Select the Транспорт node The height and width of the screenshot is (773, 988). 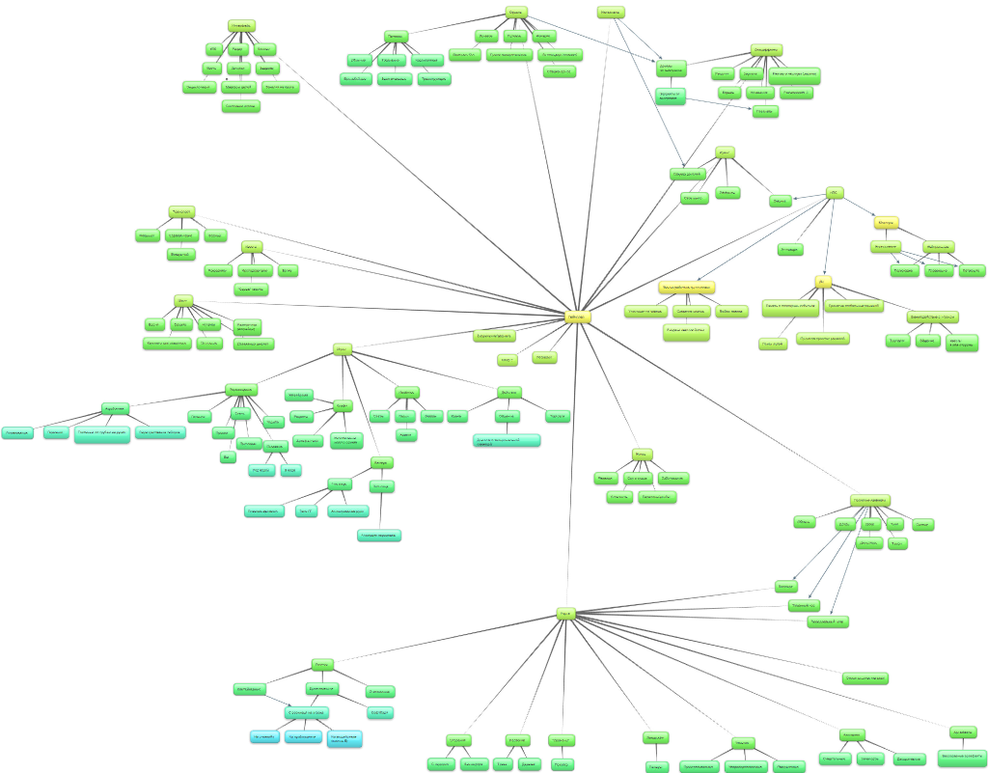[x=180, y=210]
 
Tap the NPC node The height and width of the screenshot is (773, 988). [x=835, y=193]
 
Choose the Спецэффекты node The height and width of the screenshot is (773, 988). [x=767, y=49]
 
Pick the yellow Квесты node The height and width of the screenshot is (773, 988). [x=887, y=223]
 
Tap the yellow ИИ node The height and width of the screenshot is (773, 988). [x=823, y=282]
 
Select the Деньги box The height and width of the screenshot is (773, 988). [x=781, y=201]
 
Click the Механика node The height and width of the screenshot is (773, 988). [x=611, y=13]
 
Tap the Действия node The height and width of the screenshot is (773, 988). [x=510, y=392]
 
